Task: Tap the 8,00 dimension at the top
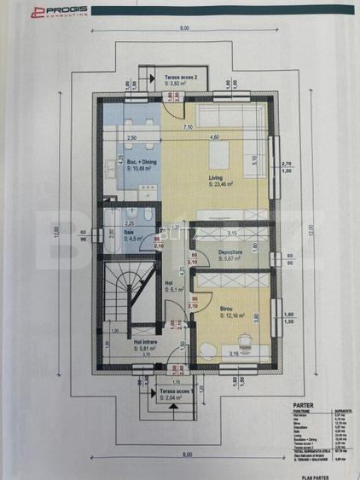point(184,28)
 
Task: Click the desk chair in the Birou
point(207,348)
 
